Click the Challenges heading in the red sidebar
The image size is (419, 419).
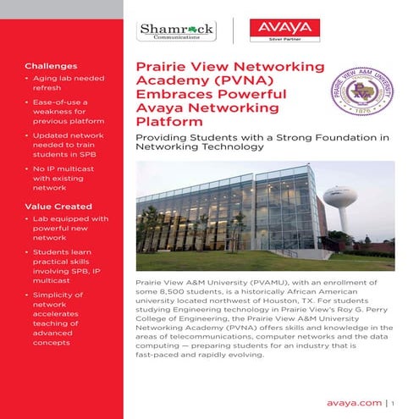coord(50,65)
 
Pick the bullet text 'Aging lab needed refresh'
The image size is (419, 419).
coord(67,83)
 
